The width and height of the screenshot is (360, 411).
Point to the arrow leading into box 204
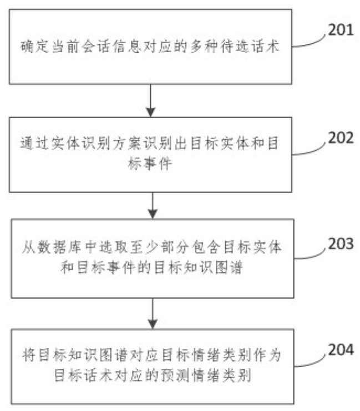[151, 313]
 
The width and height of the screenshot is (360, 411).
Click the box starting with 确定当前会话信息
[151, 47]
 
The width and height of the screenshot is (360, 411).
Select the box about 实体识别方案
[151, 154]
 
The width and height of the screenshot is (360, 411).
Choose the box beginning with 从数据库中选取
[151, 261]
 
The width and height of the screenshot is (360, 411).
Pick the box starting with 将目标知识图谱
[151, 367]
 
